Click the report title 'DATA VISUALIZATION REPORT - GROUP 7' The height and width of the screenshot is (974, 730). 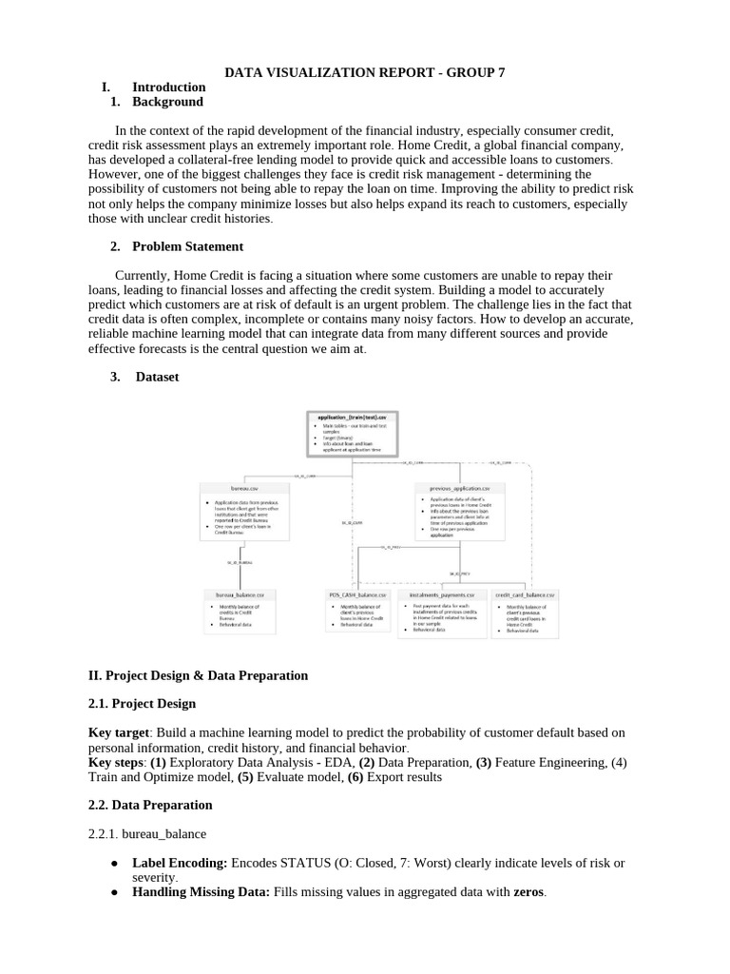pos(365,71)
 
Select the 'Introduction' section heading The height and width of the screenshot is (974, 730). pos(168,87)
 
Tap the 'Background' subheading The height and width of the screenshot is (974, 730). pos(167,102)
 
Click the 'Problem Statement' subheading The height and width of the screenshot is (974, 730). pos(187,246)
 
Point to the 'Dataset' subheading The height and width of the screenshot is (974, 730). pos(157,377)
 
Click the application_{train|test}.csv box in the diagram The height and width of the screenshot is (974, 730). pos(353,433)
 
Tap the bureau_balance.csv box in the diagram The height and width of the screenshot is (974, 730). pos(240,612)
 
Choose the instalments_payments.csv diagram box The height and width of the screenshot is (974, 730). pos(442,614)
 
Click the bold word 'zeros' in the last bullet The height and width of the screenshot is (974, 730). pos(529,893)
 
